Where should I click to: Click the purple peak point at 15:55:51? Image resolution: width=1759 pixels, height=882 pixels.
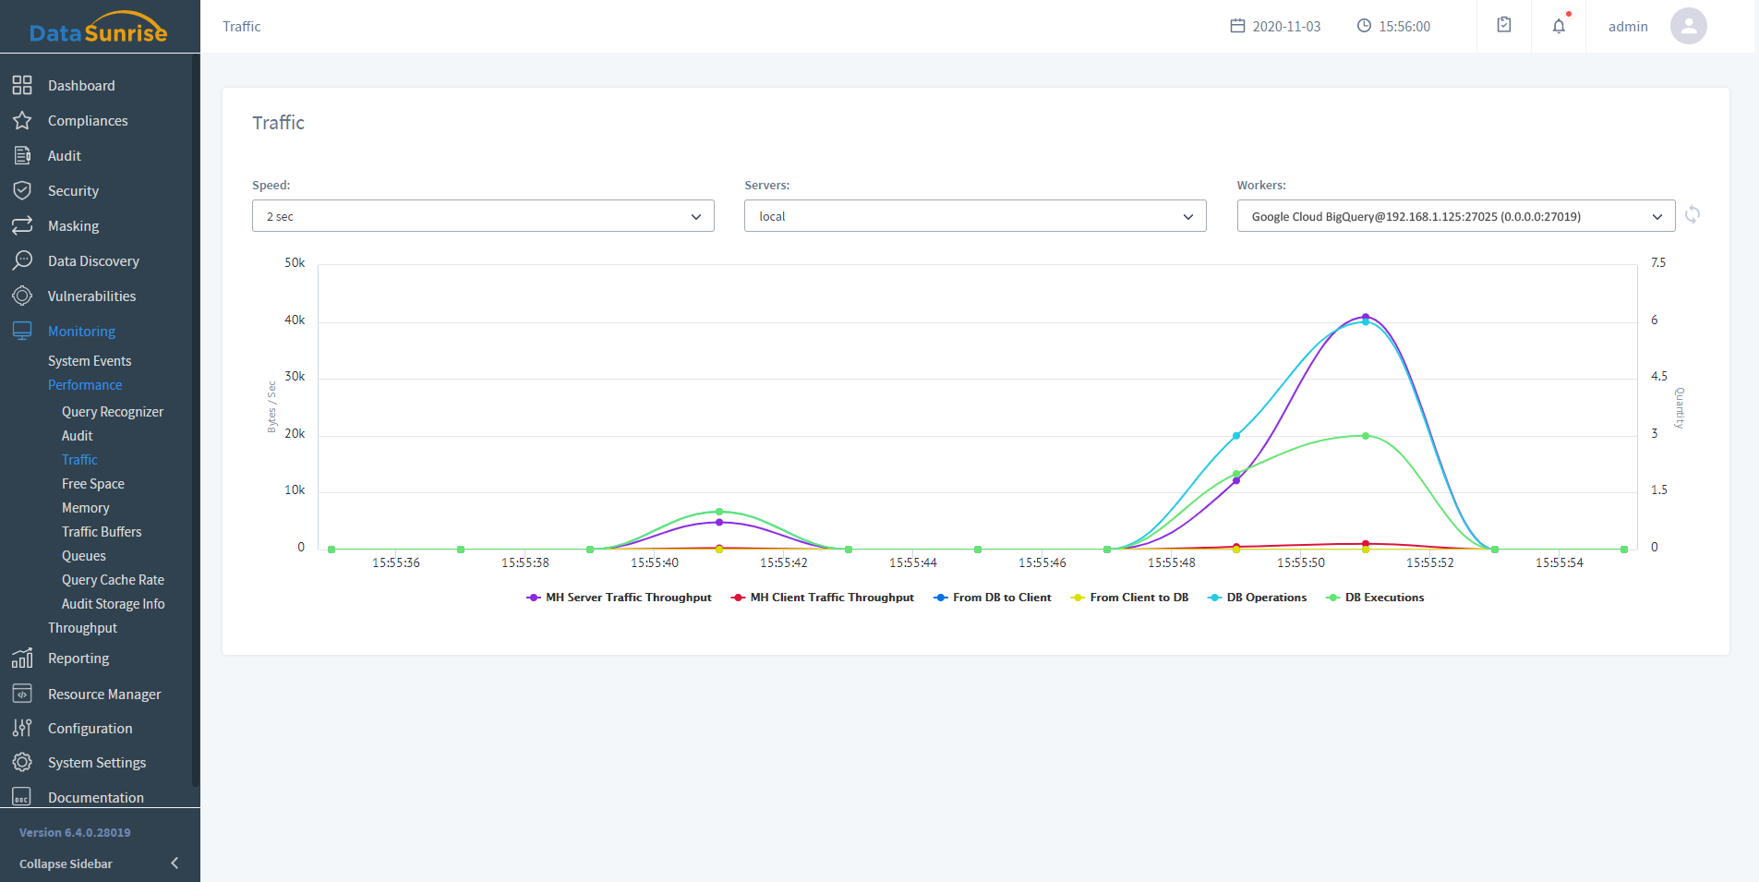coord(1366,317)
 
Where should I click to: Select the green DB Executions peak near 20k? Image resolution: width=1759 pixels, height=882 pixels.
coord(1366,436)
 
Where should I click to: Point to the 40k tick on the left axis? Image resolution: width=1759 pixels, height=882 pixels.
coord(295,320)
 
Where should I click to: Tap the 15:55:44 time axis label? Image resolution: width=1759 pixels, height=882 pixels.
coord(912,562)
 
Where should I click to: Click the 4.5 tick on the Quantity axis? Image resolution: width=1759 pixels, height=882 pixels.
coord(1659,377)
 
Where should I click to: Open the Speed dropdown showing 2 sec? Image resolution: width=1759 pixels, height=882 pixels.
coord(483,216)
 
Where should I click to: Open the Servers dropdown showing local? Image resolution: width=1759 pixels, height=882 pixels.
coord(975,216)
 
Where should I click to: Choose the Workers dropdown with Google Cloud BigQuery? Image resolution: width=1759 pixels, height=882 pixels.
coord(1455,216)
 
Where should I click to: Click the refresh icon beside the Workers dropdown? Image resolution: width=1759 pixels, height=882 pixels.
coord(1693,215)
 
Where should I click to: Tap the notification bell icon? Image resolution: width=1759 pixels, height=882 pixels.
coord(1559,26)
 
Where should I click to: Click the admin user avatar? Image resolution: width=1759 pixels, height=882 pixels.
coord(1688,26)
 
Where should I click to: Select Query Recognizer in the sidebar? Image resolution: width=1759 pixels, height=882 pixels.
coord(113,412)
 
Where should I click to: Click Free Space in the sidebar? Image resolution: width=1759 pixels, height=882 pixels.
coord(93,484)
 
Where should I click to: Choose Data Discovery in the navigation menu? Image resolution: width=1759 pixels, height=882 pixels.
coord(93,261)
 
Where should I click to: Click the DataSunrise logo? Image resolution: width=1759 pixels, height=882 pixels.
coord(98,28)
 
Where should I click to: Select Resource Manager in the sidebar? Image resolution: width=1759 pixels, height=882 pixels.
coord(104,695)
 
